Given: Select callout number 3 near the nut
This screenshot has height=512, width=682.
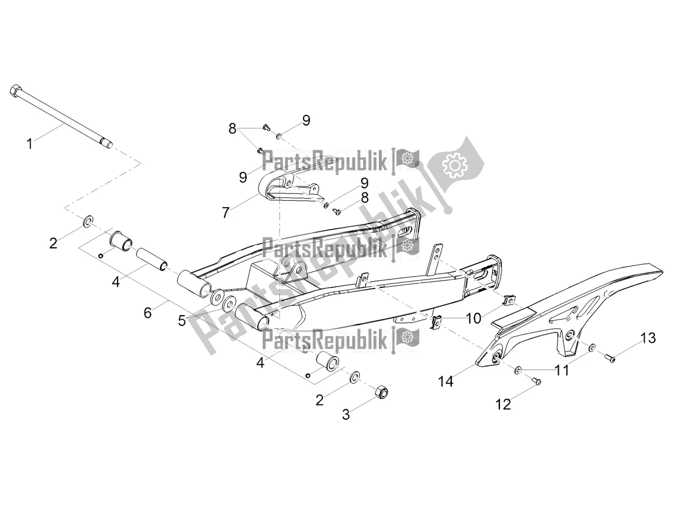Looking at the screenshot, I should (x=346, y=415).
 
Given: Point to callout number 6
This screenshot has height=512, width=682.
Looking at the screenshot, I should (x=148, y=312).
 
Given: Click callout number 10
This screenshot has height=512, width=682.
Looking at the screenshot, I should (x=473, y=319).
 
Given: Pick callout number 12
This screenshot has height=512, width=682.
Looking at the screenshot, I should (x=503, y=404).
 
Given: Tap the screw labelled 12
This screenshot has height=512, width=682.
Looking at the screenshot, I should (x=537, y=382).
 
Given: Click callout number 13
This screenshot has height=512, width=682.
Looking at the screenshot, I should (x=648, y=338).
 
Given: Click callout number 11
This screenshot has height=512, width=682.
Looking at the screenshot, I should (x=561, y=370).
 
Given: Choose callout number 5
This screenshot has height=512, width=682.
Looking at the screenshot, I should (x=182, y=321).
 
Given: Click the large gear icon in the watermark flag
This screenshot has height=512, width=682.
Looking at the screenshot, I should (x=454, y=166).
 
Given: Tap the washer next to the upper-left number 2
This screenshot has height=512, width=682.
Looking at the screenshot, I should (x=89, y=221).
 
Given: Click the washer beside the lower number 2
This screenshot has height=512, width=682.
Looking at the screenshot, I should (x=355, y=376).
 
